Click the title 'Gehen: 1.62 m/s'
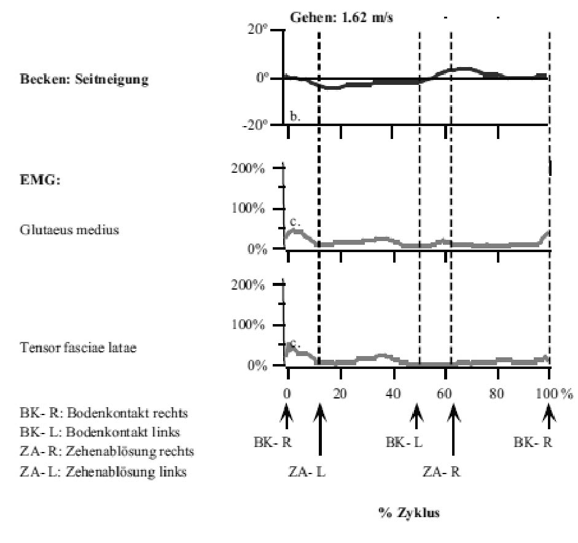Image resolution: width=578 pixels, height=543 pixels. pyautogui.click(x=342, y=17)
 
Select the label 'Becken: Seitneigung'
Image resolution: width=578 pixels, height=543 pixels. pyautogui.click(x=84, y=79)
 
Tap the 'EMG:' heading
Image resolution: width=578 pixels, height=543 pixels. pyautogui.click(x=40, y=181)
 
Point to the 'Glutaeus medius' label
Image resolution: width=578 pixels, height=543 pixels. pyautogui.click(x=69, y=230)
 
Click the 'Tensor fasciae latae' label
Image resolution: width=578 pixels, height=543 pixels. pyautogui.click(x=78, y=347)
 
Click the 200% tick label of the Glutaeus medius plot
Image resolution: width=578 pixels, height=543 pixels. pyautogui.click(x=248, y=168)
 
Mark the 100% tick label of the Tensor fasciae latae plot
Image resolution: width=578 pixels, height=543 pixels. pyautogui.click(x=248, y=325)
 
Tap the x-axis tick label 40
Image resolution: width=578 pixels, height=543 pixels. pyautogui.click(x=393, y=394)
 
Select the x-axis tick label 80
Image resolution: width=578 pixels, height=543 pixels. pyautogui.click(x=496, y=394)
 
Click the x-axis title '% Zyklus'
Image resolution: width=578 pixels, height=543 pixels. pyautogui.click(x=409, y=513)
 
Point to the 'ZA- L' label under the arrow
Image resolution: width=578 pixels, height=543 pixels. pyautogui.click(x=307, y=472)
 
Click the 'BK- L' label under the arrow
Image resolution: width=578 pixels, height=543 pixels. pyautogui.click(x=404, y=442)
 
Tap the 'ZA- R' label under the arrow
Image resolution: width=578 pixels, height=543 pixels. pyautogui.click(x=441, y=472)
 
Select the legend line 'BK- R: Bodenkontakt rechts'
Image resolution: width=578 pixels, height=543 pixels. pyautogui.click(x=104, y=413)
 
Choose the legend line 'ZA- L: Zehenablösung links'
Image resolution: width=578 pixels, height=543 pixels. pyautogui.click(x=103, y=472)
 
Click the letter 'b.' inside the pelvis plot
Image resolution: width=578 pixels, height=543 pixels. pyautogui.click(x=295, y=116)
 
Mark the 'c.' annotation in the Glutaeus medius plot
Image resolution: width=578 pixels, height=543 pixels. pyautogui.click(x=295, y=222)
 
